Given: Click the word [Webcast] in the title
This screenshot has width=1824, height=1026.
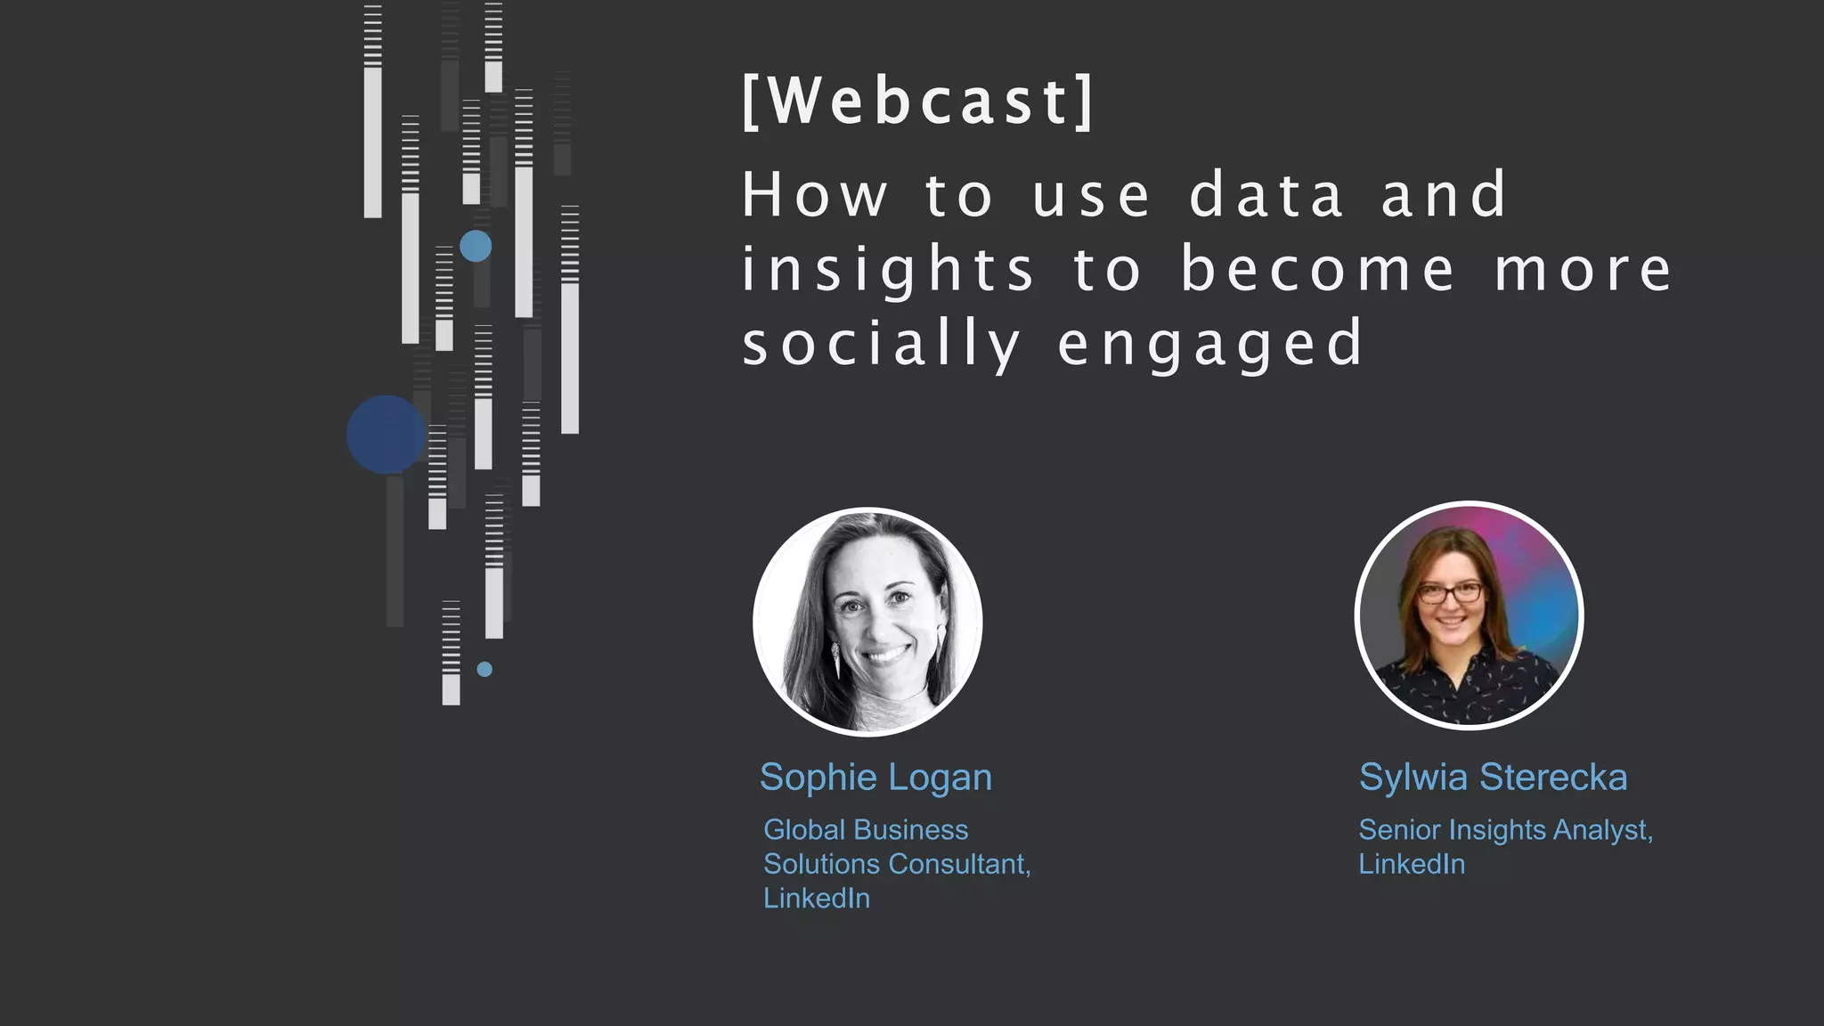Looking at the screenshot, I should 917,101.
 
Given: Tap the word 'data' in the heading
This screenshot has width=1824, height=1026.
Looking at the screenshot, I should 1266,195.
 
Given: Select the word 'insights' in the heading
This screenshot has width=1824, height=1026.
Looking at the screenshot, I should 888,270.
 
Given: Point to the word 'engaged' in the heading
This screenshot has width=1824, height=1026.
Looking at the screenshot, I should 1210,345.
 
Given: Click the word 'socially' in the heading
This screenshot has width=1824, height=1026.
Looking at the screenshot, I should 882,345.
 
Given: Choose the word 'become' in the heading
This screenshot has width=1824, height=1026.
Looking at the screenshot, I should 1318,270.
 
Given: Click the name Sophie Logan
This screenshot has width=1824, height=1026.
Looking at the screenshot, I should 875,778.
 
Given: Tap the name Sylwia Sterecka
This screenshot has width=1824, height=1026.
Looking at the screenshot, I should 1493,778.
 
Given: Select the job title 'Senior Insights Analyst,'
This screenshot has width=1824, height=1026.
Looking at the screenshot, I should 1505,830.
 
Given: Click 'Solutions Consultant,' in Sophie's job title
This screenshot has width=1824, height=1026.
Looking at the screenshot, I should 897,864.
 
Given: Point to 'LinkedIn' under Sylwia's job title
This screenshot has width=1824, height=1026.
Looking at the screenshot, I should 1412,864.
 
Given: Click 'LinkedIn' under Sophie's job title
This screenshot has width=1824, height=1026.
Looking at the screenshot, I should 817,898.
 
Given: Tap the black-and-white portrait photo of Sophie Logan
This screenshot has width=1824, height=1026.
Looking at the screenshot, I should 867,622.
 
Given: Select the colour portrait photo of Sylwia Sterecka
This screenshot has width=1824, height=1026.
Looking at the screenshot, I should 1469,615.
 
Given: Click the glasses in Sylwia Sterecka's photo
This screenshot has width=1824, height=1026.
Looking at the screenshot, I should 1451,591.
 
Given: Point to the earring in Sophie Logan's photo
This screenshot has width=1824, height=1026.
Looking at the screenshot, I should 835,659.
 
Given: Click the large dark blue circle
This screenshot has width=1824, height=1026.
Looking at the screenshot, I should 386,435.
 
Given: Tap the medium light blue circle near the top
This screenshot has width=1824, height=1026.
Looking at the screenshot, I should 476,246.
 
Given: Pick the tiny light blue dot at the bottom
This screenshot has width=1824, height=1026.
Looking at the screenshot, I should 484,669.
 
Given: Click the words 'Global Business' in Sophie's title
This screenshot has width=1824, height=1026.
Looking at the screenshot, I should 866,830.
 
